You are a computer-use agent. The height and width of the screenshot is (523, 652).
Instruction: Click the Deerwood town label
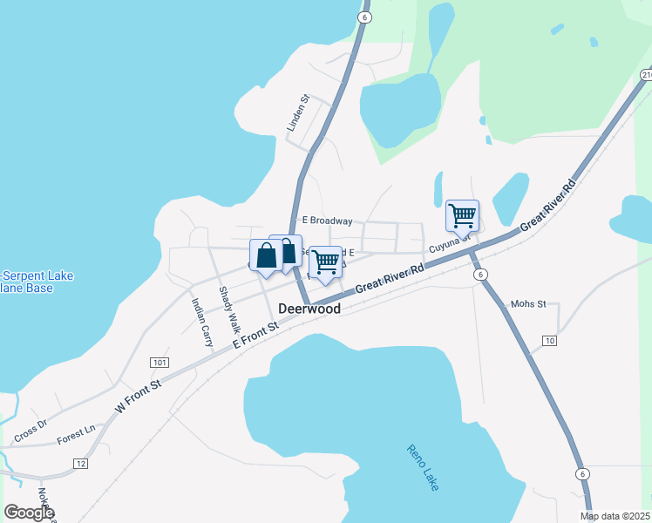point(310,309)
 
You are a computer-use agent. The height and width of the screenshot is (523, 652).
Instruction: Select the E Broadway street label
point(326,221)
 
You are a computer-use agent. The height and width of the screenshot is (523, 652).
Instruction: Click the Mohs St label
point(528,304)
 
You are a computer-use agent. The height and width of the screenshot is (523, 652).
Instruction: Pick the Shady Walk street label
point(229,310)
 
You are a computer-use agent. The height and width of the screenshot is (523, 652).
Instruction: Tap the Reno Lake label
point(423,467)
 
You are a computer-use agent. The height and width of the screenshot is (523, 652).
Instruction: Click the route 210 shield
point(646,76)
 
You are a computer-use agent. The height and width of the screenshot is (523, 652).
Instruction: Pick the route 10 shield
point(548,340)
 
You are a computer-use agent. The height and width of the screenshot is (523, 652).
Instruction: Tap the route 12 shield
point(80,463)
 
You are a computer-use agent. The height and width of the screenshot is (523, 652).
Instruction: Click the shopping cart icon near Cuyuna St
point(461,214)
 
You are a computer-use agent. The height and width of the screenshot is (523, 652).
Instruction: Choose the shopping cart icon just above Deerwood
point(326,261)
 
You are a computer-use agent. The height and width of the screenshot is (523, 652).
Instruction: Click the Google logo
point(29,512)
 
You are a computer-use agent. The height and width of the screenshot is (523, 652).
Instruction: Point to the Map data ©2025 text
point(615,516)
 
